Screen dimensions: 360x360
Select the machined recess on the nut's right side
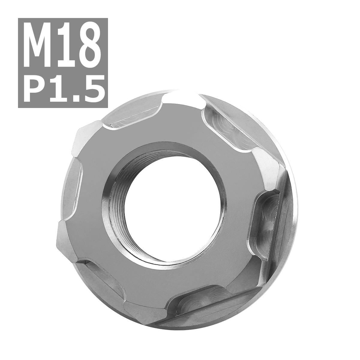pyautogui.click(x=270, y=222)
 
